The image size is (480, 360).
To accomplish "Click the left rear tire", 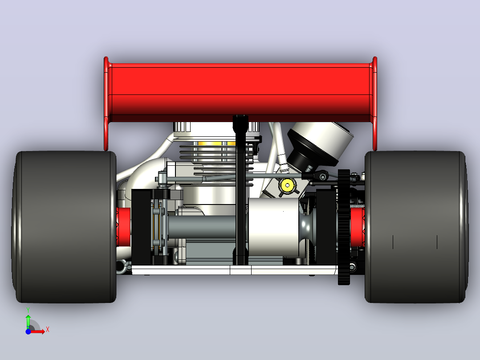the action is coord(64,227).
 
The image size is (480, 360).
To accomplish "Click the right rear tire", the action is coord(416,227).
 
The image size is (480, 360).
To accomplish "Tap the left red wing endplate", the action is coord(106,103).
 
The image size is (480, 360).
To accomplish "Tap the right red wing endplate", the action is coord(375,103).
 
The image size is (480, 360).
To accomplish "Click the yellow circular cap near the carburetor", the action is coord(287,185).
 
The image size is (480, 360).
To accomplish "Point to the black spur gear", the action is coord(344,227).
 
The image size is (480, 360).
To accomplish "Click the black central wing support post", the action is coord(240,190).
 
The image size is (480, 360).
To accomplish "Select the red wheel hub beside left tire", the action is coord(123,227).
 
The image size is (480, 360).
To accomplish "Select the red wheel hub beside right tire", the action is coord(358,227).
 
